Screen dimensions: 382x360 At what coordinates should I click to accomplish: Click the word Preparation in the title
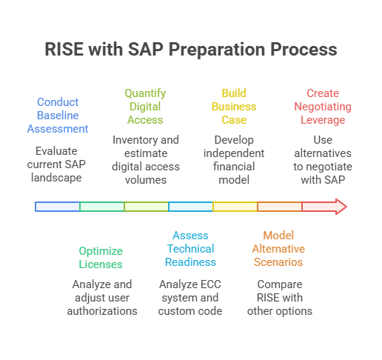coord(218,50)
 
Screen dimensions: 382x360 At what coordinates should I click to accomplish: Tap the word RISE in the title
coord(64,49)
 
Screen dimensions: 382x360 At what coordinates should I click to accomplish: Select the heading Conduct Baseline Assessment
coord(58,116)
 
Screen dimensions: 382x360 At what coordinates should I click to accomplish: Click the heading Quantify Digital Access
coord(145,107)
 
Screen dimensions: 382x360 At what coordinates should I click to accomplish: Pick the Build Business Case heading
coord(234,107)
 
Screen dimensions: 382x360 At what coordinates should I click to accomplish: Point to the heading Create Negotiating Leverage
coord(323,107)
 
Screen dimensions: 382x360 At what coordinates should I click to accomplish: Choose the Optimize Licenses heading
coord(101,258)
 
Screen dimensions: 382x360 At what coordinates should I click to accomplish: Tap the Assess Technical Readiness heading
coord(190,249)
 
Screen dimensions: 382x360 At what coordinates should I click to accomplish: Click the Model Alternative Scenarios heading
coord(278,249)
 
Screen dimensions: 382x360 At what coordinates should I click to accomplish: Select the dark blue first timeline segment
coord(57,207)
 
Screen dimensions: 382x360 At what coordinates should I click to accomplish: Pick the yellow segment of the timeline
coord(235,207)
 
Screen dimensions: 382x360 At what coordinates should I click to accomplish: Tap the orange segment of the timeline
coord(280,207)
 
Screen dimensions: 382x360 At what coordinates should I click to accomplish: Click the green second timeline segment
coord(102,207)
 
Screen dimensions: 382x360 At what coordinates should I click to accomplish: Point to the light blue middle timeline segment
coord(190,207)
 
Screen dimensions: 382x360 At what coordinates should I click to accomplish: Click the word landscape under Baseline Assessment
coord(56,178)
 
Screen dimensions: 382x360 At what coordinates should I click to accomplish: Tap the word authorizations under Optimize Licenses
coord(102,311)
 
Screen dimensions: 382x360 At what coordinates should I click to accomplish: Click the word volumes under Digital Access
coord(146,180)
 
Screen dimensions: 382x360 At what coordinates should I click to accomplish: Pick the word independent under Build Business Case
coord(234,153)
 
